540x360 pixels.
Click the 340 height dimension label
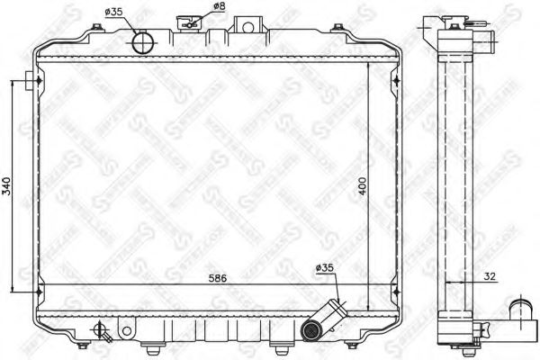(8, 186)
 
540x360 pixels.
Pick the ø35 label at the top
(114, 12)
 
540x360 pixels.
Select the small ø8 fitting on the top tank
(190, 22)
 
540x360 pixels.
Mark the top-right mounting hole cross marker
(397, 83)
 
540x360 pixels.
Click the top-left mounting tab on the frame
(33, 83)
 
